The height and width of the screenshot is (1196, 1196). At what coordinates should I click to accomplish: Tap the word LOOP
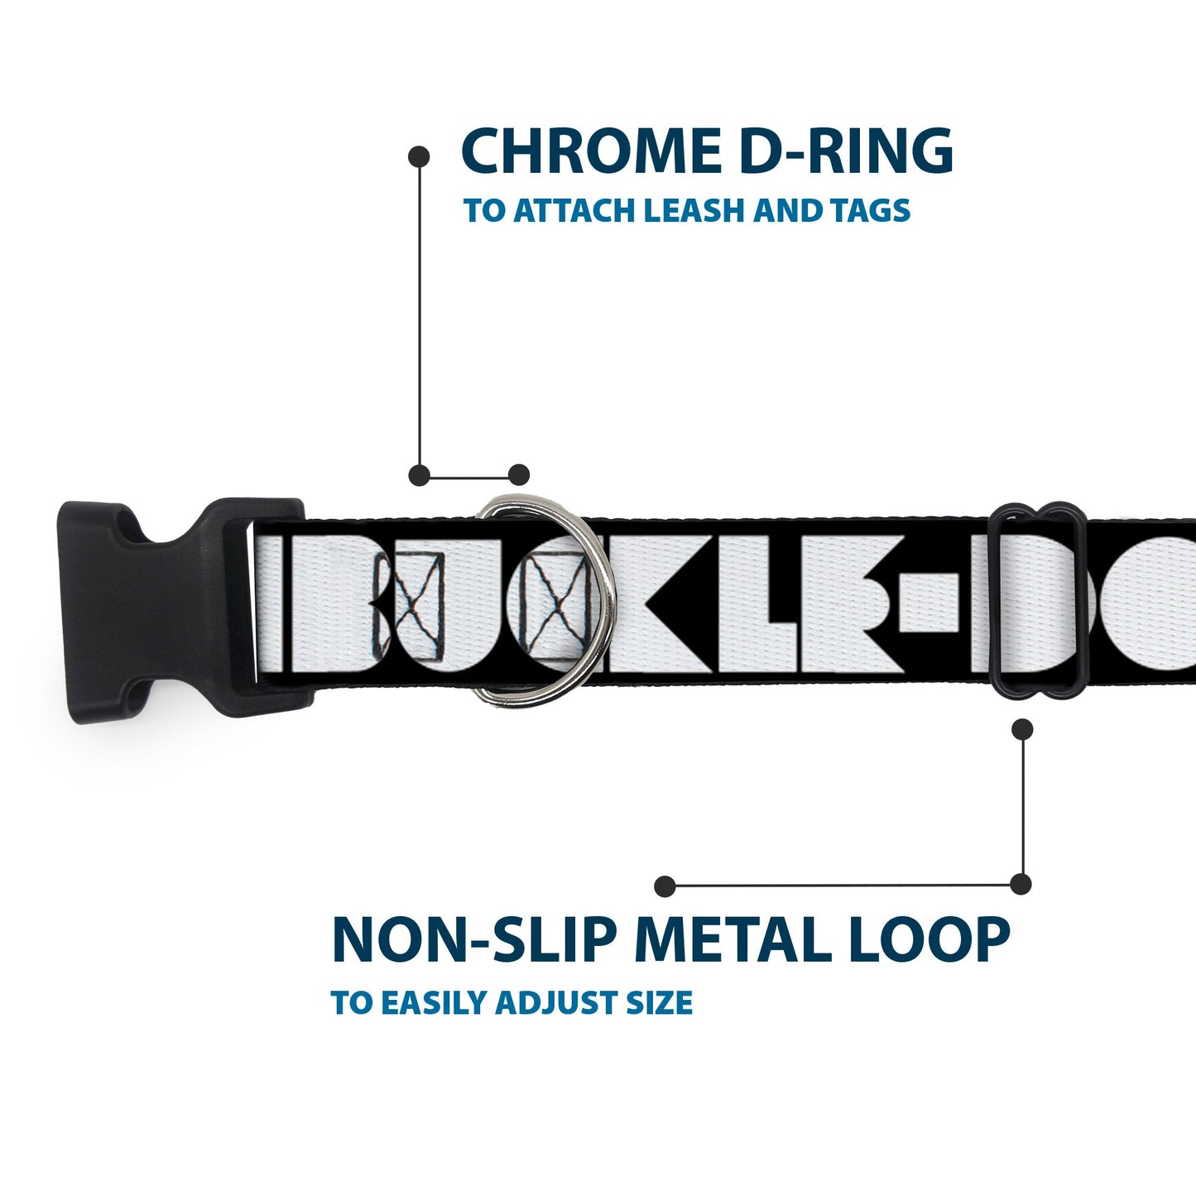(933, 940)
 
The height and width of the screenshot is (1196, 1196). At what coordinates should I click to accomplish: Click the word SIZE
(660, 1003)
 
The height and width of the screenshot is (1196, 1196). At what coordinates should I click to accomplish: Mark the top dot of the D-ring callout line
(420, 156)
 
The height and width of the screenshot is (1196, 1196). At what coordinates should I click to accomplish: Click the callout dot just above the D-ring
(518, 475)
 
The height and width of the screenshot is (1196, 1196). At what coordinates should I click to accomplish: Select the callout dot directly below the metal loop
(1023, 729)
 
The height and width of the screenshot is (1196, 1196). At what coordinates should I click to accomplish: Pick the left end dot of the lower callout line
(664, 886)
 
